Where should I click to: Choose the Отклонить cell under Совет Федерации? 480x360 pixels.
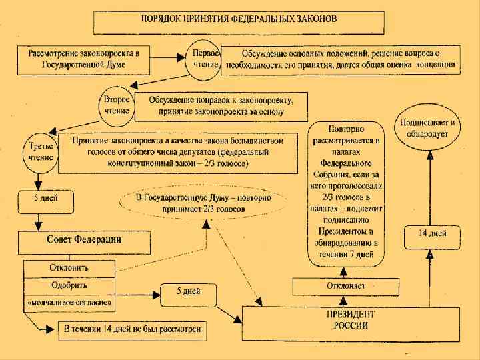pos(69,268)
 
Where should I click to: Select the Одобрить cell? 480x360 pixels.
pos(69,286)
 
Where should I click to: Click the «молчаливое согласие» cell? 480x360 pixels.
pos(69,303)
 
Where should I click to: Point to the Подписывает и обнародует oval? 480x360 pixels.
pos(428,129)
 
